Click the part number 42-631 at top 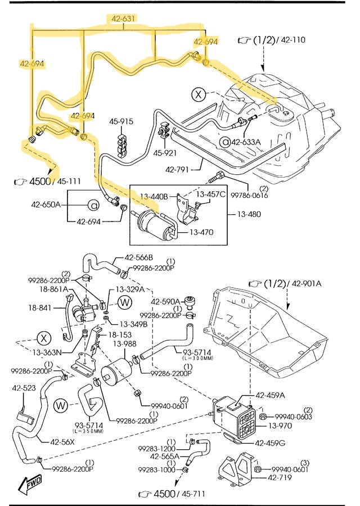(x=123, y=19)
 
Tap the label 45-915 (x=121, y=121)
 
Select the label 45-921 (x=165, y=152)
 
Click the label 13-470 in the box (x=201, y=232)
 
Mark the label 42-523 (x=24, y=388)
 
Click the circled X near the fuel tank (x=198, y=95)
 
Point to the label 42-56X (x=62, y=441)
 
